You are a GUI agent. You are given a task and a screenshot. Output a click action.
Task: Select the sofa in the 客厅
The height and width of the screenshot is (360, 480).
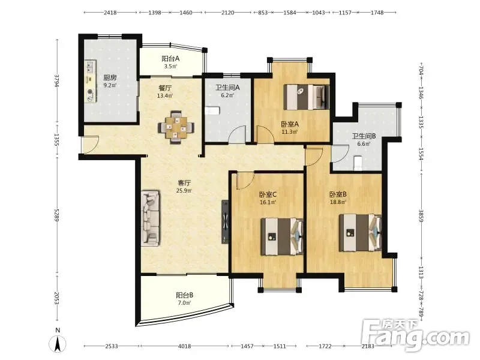pos(151,218)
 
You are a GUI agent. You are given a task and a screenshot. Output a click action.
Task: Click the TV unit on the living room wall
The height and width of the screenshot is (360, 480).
pos(225,221)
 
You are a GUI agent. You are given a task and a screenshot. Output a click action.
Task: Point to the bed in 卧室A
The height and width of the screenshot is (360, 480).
pos(307,97)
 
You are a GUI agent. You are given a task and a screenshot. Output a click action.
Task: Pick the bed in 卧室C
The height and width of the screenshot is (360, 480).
pos(282,236)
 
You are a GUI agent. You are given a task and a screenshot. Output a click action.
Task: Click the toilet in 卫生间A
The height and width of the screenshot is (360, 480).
pos(212,110)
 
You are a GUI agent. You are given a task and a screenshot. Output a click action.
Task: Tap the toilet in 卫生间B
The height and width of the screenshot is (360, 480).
pos(358,163)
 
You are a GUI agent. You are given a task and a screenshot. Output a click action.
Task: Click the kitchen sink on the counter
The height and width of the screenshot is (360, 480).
pos(90,67)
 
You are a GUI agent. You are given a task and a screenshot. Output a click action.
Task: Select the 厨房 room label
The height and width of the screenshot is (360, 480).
pos(110,77)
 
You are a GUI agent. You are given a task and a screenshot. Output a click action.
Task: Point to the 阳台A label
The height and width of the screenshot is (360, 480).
pos(170,58)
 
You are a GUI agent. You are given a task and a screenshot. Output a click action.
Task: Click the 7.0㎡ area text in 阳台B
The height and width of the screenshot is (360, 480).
pos(184,303)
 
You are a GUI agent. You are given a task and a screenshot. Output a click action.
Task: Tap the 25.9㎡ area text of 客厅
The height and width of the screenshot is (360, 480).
pos(184,191)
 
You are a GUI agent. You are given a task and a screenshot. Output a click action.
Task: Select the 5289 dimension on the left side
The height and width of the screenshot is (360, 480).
pos(57,216)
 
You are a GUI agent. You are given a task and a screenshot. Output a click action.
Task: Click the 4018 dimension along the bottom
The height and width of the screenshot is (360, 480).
pos(184,346)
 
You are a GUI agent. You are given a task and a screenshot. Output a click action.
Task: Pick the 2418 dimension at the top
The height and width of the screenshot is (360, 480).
pos(110,13)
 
